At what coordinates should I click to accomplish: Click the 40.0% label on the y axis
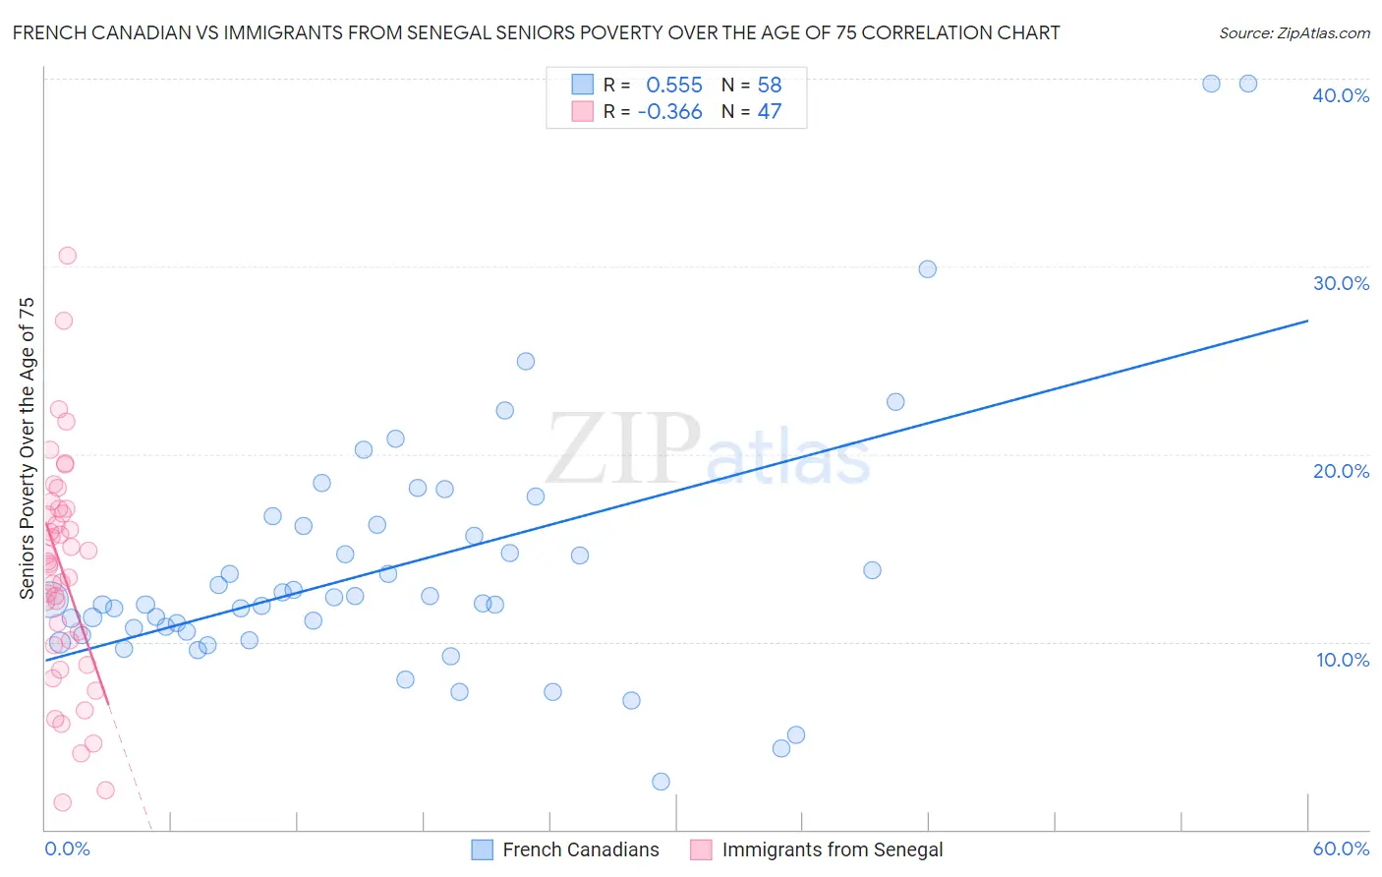1340,95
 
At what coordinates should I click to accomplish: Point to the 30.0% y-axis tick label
1340,283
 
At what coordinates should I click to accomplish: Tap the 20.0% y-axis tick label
1340,471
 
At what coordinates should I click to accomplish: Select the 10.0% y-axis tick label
1342,660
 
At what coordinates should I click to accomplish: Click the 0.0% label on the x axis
67,848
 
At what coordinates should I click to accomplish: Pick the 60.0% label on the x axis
1340,848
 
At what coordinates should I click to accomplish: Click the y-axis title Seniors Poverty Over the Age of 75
27,448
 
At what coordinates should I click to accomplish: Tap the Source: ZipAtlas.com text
1294,32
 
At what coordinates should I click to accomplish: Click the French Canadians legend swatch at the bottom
482,849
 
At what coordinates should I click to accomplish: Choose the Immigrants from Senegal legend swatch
701,849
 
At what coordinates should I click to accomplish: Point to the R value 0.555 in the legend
673,86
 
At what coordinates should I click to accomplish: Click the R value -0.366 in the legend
669,112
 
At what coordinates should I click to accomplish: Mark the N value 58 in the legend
769,86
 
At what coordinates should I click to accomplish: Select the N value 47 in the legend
769,112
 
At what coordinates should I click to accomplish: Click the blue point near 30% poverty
927,269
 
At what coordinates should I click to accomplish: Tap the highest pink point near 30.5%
67,256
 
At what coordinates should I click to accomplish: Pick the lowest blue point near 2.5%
661,782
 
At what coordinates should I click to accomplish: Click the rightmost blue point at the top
1247,84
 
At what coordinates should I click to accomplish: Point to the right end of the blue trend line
1307,321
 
